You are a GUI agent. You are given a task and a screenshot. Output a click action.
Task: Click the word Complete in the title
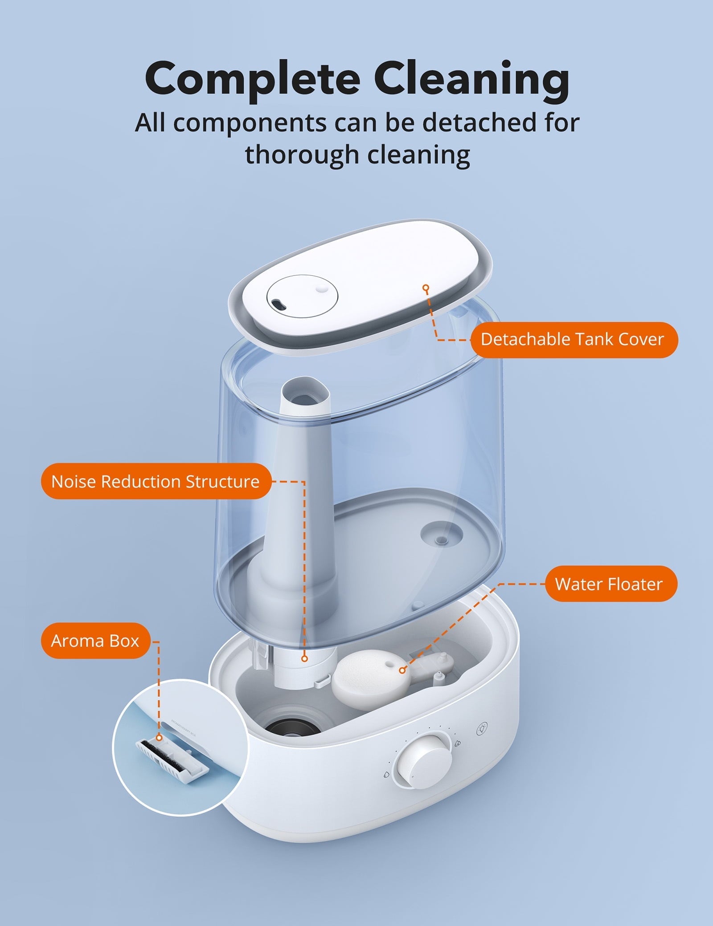pos(252,79)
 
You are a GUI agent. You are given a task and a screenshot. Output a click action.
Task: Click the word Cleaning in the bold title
pos(471,78)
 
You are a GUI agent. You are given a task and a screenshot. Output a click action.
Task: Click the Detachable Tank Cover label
pos(574,340)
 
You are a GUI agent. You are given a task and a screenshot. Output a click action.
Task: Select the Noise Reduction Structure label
pos(156,481)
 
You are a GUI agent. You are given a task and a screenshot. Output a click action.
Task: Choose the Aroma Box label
pos(95,641)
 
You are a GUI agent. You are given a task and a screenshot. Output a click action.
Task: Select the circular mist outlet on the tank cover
pos(302,296)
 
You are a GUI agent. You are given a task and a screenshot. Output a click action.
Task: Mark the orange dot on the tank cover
pos(426,288)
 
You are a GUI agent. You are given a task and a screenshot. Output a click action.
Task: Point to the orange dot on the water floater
pos(402,682)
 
